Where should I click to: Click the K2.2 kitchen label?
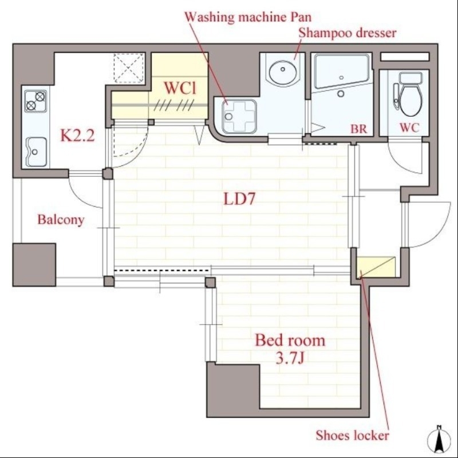(77, 135)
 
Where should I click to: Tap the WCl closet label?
(180, 88)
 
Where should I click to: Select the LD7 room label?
(239, 199)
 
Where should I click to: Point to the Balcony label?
(61, 220)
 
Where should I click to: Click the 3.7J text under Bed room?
(290, 357)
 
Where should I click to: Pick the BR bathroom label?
(359, 129)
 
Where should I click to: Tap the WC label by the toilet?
(409, 128)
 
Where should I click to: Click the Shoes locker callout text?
(352, 436)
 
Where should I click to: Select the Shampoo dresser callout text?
(348, 33)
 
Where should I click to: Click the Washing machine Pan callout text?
(248, 17)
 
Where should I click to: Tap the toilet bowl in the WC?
(410, 97)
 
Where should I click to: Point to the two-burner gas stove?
(35, 101)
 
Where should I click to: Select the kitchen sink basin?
(36, 152)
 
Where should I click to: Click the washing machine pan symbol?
(239, 116)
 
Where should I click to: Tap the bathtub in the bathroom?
(341, 70)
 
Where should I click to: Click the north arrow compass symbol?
(439, 440)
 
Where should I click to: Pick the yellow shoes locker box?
(376, 267)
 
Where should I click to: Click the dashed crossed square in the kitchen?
(129, 68)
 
